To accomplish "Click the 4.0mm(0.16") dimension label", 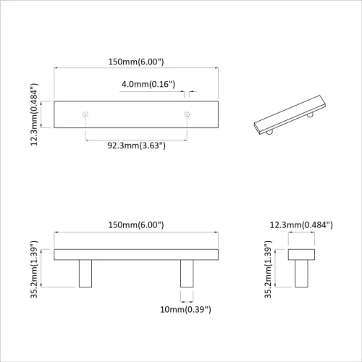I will click(148, 85).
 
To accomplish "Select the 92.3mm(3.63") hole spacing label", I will click(136, 146).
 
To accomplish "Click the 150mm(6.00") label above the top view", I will click(136, 62).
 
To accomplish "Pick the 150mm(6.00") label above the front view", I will click(136, 225).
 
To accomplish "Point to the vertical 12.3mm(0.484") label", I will click(34, 115).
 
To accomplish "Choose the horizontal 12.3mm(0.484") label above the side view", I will click(300, 225).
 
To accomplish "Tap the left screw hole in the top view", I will click(85, 114).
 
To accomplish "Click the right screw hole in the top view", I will click(187, 114).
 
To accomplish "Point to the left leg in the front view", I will click(85, 273).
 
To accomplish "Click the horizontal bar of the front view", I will click(136, 253).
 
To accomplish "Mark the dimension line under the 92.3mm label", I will click(136, 138).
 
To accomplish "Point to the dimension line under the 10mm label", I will click(187, 300).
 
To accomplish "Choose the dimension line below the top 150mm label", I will click(136, 70).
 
